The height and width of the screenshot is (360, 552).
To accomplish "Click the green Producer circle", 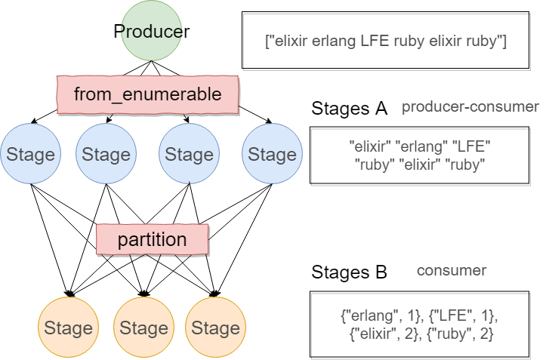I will (152, 32).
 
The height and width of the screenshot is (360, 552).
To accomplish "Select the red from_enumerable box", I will (148, 94).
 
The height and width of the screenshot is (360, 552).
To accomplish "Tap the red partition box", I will (152, 240).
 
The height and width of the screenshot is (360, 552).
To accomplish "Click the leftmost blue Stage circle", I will (30, 155).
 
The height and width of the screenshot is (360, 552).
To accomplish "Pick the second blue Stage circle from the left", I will (106, 155).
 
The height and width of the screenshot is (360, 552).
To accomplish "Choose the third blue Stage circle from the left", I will (189, 155).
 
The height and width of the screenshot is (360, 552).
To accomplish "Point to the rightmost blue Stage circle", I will (272, 155).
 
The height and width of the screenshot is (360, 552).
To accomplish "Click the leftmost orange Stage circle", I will (68, 328).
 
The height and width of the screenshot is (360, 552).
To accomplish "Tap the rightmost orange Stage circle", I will (215, 328).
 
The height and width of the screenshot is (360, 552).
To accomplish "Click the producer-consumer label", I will (470, 106).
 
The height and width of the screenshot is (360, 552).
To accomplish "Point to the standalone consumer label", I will (452, 270).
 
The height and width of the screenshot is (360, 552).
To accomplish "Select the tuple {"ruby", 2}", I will (459, 333).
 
